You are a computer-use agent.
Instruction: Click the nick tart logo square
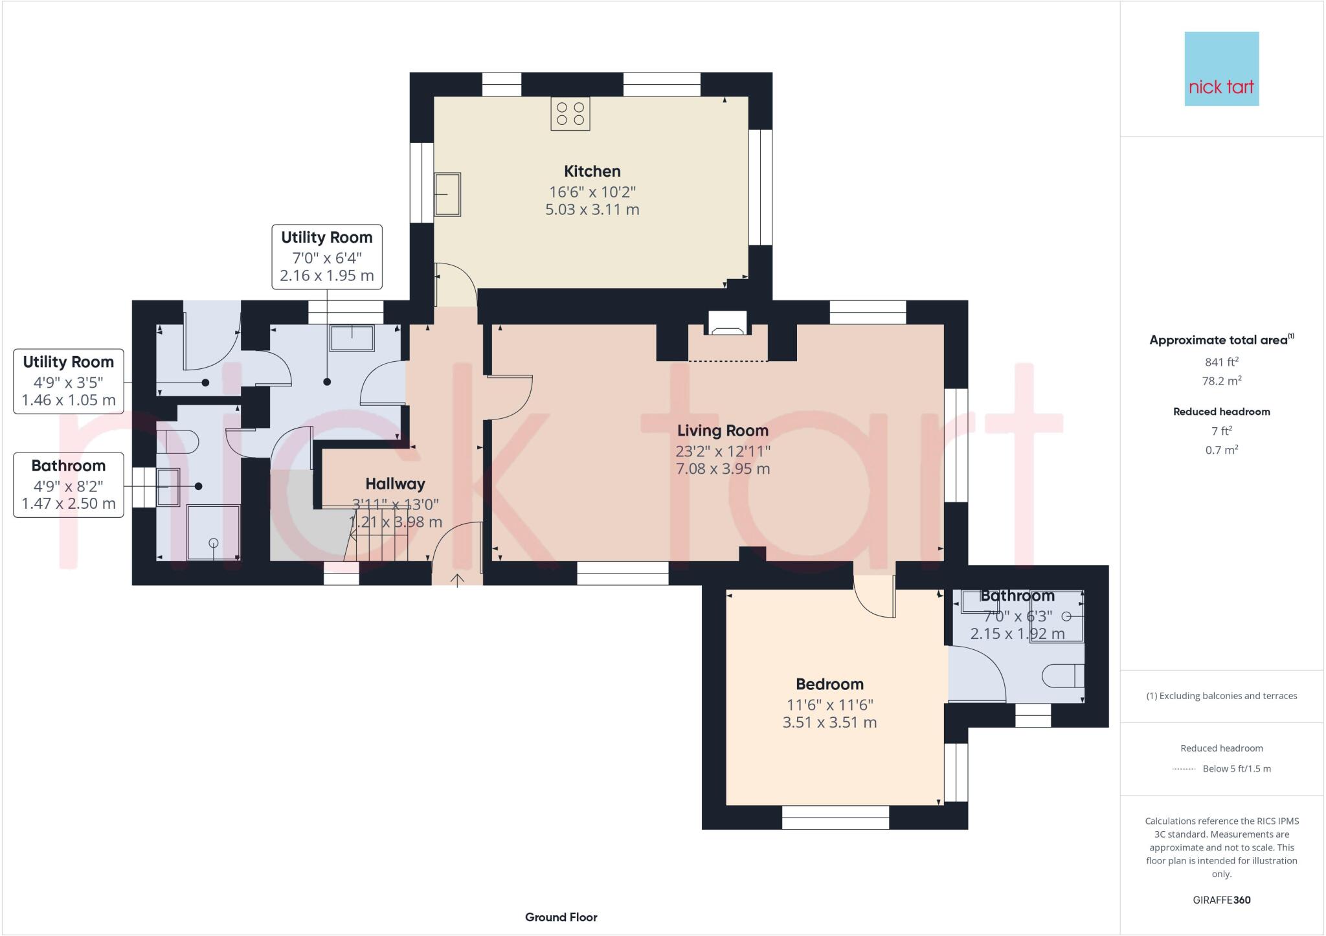tap(1221, 69)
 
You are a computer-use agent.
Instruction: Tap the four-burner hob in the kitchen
tap(570, 113)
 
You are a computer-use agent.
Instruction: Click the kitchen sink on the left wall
tap(447, 194)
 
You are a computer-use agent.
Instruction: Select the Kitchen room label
tap(592, 172)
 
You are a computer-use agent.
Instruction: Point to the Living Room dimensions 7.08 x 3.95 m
tap(723, 469)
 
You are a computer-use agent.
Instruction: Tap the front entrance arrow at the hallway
tap(457, 579)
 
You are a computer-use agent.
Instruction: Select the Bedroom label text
tap(829, 684)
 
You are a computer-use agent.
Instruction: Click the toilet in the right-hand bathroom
tap(1062, 676)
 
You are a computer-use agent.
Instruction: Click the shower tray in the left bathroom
tap(213, 533)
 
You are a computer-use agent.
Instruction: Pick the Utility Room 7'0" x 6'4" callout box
tap(326, 256)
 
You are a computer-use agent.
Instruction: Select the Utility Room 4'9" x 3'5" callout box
tap(68, 381)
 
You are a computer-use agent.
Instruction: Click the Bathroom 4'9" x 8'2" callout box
tap(68, 484)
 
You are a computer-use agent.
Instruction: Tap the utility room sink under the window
tap(352, 338)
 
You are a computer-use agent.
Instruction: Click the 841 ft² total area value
tap(1221, 362)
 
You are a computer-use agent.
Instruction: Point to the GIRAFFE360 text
tap(1221, 900)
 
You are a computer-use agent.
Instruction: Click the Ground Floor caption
tap(561, 917)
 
